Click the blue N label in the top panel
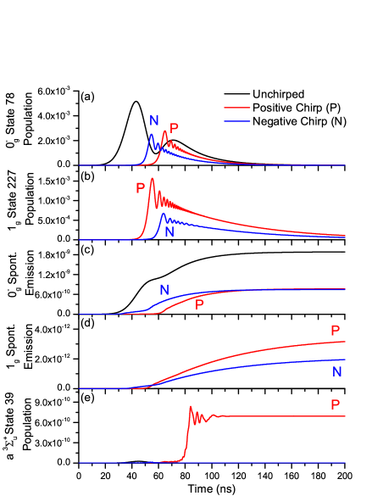pos(154,120)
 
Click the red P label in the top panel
pos(174,129)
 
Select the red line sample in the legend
pos(237,108)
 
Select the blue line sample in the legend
pos(237,121)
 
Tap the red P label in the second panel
pos(141,188)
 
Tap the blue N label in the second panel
pos(169,231)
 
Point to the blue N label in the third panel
pos(164,290)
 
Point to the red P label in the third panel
pos(199,305)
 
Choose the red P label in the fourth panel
pos(335,331)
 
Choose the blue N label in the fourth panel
pos(336,371)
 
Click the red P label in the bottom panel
pos(335,405)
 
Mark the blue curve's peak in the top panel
pos(152,134)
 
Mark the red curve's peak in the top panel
pos(164,131)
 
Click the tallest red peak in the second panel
pos(152,178)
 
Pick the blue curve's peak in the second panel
pos(164,214)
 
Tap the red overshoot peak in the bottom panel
pos(191,407)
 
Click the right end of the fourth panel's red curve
pos(345,341)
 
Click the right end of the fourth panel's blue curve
pos(345,359)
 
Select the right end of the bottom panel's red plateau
pos(345,416)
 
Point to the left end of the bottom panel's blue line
pos(80,463)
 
